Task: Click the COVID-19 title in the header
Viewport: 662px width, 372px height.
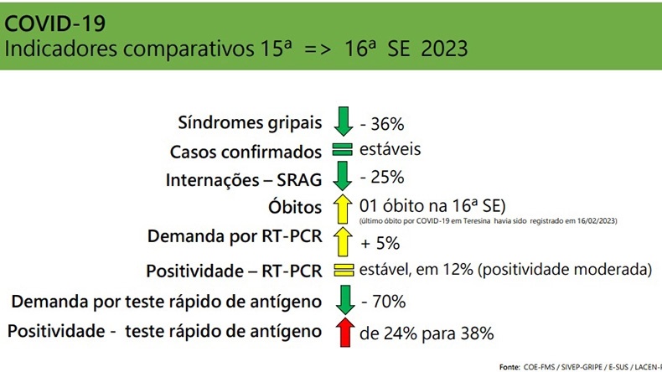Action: (54, 23)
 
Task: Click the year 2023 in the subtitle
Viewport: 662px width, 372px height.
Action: (445, 49)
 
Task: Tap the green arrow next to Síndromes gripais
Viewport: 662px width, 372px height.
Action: (344, 121)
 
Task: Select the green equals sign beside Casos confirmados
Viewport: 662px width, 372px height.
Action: (343, 149)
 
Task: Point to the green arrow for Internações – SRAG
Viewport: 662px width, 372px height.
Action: (343, 176)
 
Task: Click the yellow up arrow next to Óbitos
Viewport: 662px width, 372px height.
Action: (343, 209)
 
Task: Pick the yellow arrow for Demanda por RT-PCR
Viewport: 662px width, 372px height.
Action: (343, 241)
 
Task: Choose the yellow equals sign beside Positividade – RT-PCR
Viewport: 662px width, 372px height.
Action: (344, 271)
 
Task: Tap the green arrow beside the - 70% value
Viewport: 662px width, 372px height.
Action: (345, 300)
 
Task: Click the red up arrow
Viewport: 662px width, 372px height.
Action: (345, 333)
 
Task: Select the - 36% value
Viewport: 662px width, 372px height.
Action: (382, 124)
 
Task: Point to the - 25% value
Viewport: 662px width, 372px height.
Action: (382, 178)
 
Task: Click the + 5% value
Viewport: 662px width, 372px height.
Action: (380, 243)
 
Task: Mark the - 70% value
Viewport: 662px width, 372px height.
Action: (384, 302)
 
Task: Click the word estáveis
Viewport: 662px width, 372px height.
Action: (390, 149)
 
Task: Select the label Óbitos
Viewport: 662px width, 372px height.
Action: (295, 207)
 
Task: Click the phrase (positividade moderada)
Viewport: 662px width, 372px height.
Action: (565, 270)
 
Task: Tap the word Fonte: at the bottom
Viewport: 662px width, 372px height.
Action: (509, 367)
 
